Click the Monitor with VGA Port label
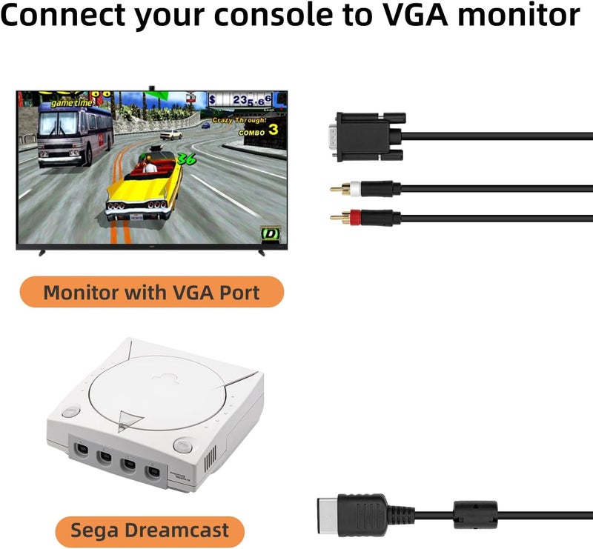click(151, 292)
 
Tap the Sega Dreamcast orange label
click(150, 530)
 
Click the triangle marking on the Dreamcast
click(130, 420)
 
